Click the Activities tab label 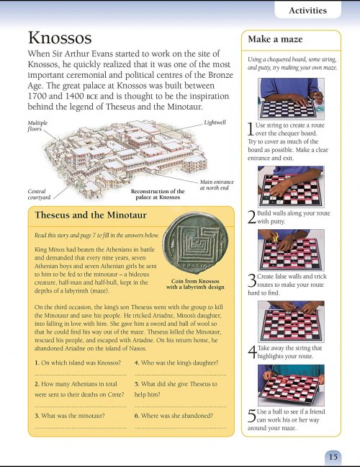pos(307,10)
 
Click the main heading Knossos pos(60,37)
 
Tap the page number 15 pos(333,456)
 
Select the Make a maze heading pos(275,40)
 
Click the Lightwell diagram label pos(215,122)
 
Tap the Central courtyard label pos(39,194)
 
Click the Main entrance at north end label pos(217,184)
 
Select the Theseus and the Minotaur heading pos(91,215)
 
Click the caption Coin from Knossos pos(195,281)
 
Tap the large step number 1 pos(251,129)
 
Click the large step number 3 pos(252,280)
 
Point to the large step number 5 pos(252,416)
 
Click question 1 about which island pos(78,363)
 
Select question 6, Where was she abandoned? pos(174,416)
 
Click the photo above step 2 pos(291,187)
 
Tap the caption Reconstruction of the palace pos(158,194)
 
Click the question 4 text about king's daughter pos(176,363)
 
